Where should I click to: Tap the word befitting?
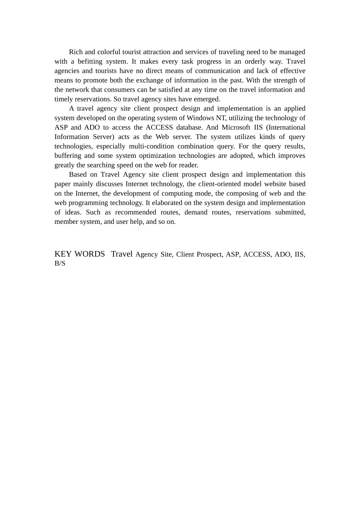[90, 61]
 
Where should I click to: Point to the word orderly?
[255, 61]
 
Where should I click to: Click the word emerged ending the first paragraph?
[208, 99]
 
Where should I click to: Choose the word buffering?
[68, 156]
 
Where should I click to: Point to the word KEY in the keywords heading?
[63, 254]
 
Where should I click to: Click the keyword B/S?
[60, 264]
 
